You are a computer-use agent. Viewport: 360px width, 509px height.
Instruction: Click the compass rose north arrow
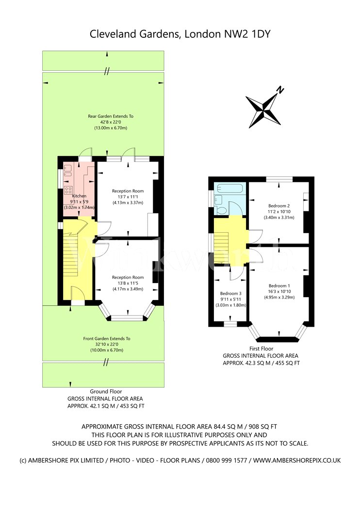pyautogui.click(x=263, y=111)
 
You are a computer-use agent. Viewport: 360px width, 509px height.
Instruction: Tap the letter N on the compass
pyautogui.click(x=280, y=90)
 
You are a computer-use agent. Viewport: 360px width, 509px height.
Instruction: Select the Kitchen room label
pyautogui.click(x=79, y=196)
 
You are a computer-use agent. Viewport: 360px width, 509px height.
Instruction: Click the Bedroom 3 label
pyautogui.click(x=230, y=293)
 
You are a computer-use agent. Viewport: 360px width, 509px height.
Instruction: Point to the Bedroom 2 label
pyautogui.click(x=279, y=206)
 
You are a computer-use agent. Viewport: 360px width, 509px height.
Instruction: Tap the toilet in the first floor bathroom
pyautogui.click(x=222, y=210)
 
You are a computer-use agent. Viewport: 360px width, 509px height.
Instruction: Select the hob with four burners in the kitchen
pyautogui.click(x=68, y=190)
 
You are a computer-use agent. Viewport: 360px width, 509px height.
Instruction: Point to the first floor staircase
pyautogui.click(x=222, y=247)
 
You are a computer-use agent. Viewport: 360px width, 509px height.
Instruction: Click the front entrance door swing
pyautogui.click(x=78, y=294)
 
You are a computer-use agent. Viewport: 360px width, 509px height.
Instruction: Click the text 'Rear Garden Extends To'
pyautogui.click(x=111, y=116)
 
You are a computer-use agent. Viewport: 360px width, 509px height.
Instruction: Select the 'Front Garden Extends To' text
pyautogui.click(x=107, y=338)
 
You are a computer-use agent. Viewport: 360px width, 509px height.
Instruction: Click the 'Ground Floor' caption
pyautogui.click(x=106, y=392)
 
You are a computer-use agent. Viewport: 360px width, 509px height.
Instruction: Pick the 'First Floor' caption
pyautogui.click(x=261, y=349)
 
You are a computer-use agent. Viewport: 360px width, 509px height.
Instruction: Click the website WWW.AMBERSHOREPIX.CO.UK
pyautogui.click(x=297, y=461)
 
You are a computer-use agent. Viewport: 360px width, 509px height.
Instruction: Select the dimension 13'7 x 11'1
pyautogui.click(x=128, y=197)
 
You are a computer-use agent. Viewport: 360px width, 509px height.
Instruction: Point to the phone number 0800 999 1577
pyautogui.click(x=227, y=461)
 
